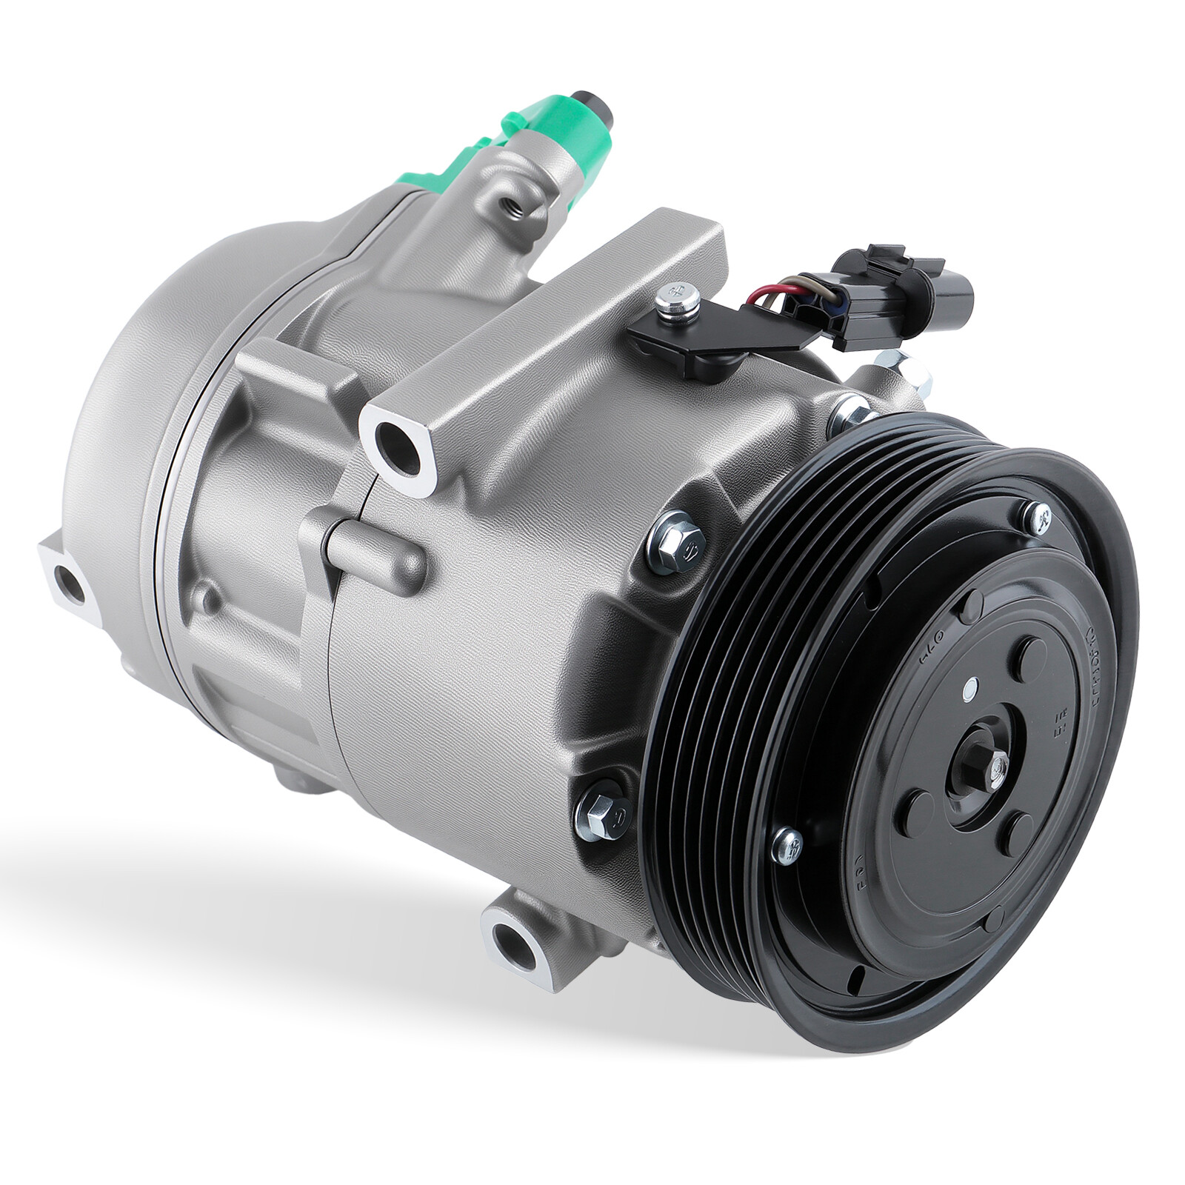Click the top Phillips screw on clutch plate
[x=1040, y=516]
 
